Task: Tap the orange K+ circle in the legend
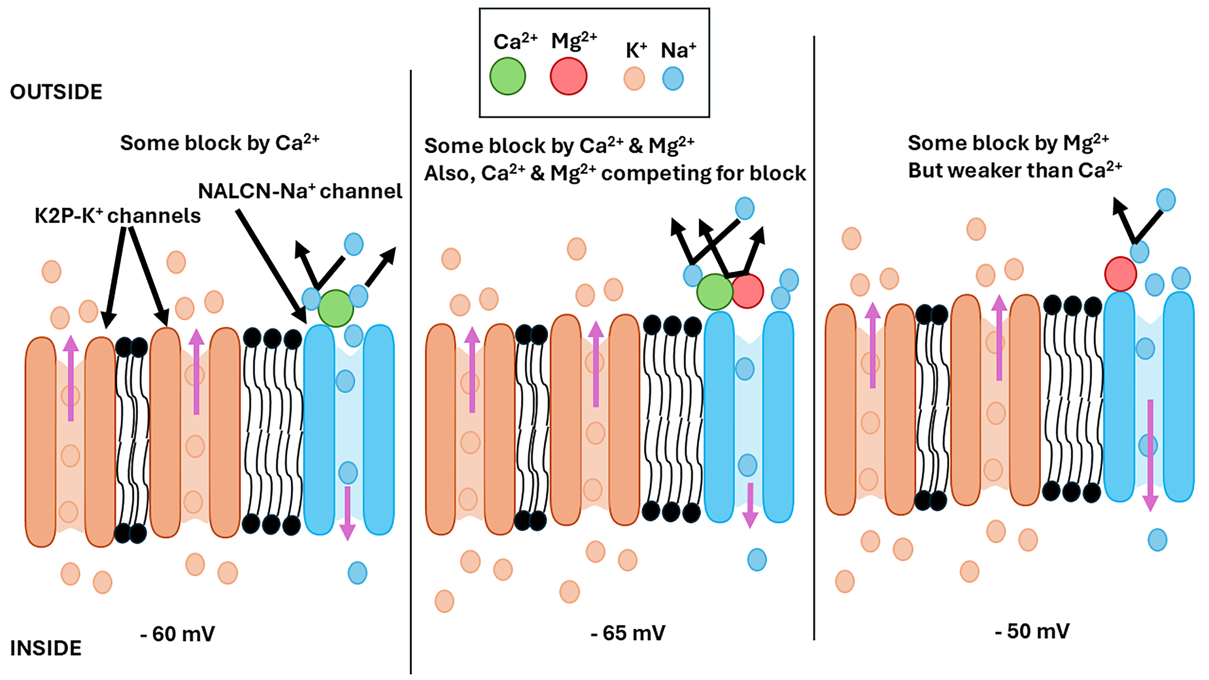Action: [634, 78]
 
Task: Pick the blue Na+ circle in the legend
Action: [673, 78]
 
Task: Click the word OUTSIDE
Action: [56, 92]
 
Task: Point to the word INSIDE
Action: [45, 648]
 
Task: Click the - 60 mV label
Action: [177, 634]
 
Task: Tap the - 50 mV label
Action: [1032, 631]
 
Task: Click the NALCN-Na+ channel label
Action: [300, 191]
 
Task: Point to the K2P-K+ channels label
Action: [117, 216]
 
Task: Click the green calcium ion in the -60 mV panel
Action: [335, 308]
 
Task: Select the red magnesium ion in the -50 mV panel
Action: [1120, 274]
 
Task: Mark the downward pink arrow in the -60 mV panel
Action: [347, 513]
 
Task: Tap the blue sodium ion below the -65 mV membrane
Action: [756, 559]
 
